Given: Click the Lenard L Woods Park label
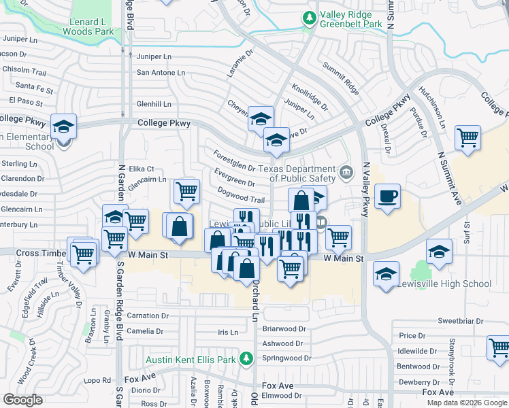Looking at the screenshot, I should (88, 25).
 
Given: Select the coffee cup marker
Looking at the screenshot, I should (387, 197).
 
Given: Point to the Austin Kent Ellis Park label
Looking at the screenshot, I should (193, 359).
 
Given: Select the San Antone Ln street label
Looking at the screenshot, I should (161, 72).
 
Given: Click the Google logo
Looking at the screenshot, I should (24, 399).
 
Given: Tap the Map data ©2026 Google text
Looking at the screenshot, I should (467, 403).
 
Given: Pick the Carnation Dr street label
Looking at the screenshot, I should (148, 316).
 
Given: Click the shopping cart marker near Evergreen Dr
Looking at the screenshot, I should (186, 191).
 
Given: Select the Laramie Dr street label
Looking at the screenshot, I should (240, 63).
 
